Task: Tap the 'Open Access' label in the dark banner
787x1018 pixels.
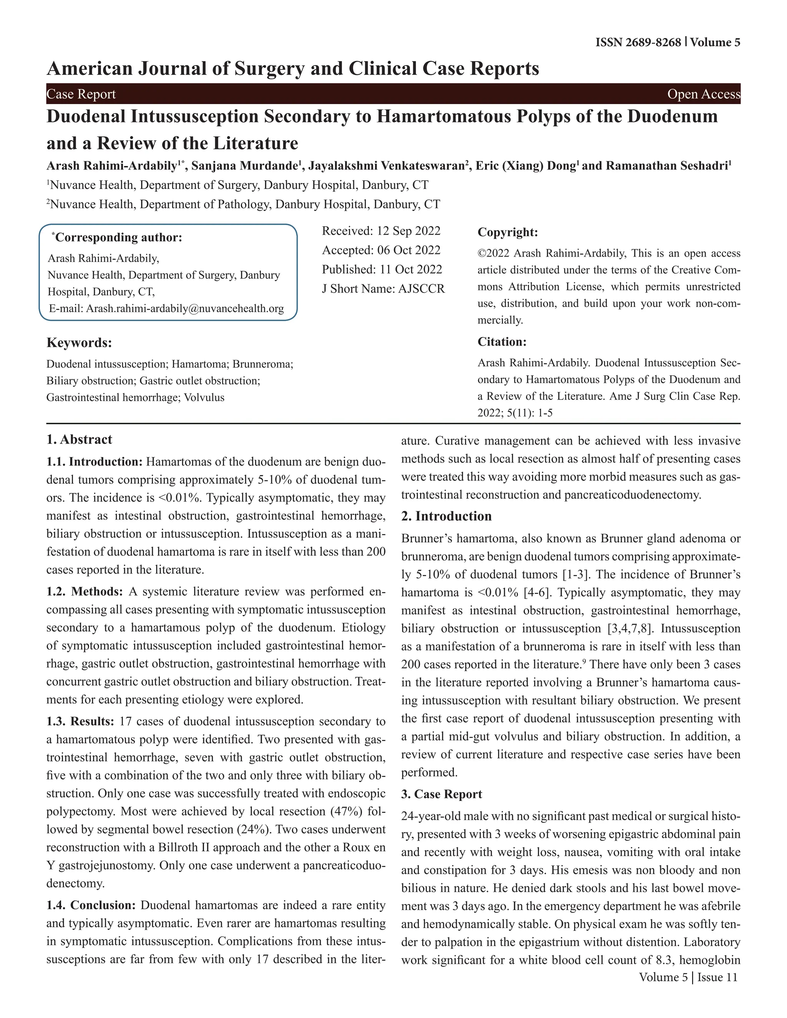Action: point(703,94)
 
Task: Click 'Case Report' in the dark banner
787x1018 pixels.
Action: point(81,94)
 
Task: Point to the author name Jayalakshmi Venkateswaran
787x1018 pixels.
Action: point(385,166)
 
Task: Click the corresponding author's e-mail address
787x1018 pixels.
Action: point(184,308)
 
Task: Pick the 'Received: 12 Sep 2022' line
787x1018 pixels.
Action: point(381,231)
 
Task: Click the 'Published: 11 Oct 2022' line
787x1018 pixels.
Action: point(382,269)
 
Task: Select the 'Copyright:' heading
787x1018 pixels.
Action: point(508,232)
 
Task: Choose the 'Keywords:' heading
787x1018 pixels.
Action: point(79,343)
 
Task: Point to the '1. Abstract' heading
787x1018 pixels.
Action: point(79,439)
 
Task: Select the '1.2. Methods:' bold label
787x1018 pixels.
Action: point(85,592)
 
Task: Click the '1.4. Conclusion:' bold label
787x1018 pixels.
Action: point(91,905)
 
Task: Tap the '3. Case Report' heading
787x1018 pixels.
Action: point(442,794)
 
